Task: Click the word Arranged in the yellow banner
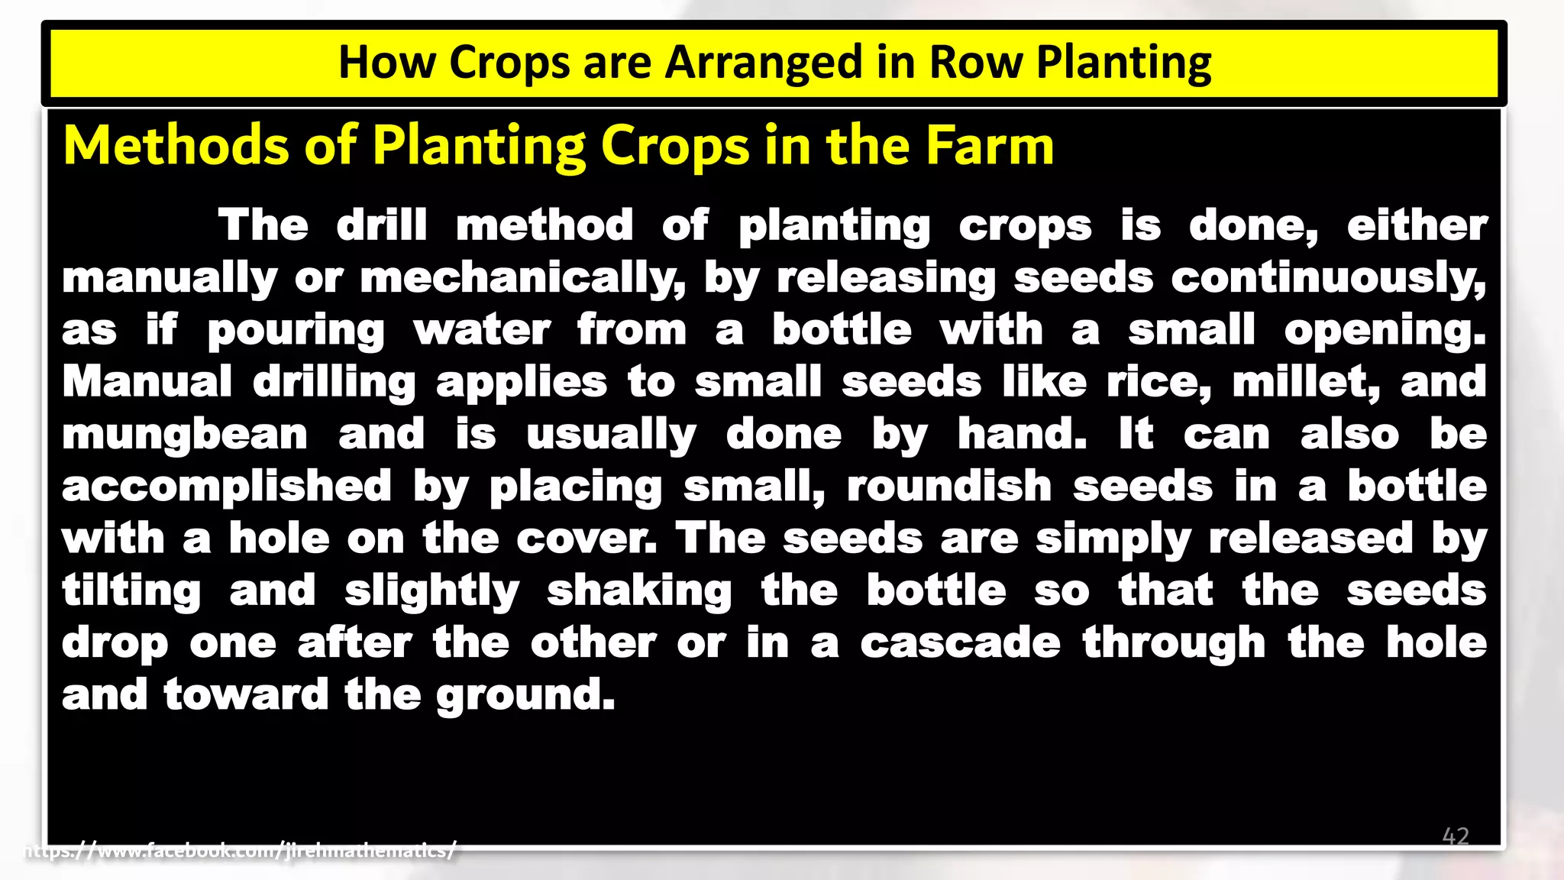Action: tap(764, 63)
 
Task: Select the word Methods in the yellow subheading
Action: tap(176, 145)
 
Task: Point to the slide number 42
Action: tap(1456, 836)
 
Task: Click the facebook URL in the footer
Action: tap(241, 849)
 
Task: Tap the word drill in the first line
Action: tap(382, 226)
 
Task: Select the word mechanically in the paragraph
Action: tap(522, 278)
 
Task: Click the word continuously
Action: tap(1329, 278)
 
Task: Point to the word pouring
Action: tap(296, 331)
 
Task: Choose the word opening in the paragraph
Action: tap(1385, 331)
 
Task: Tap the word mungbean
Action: tap(185, 435)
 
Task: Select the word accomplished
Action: tap(227, 487)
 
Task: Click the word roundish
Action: tap(949, 487)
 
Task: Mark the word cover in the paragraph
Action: tap(586, 539)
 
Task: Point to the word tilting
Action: tap(131, 591)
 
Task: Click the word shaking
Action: tap(639, 591)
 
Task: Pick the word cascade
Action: tap(960, 643)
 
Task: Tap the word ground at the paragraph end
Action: tap(525, 695)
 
